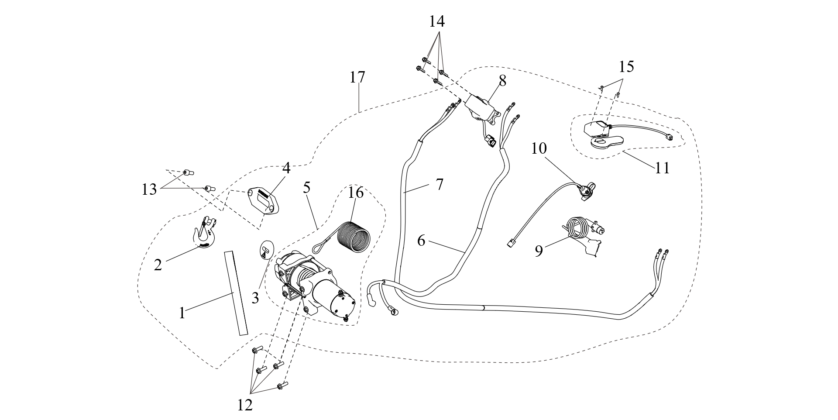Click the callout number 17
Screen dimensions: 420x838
coord(357,78)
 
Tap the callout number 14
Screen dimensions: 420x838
coord(437,21)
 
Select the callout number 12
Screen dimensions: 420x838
coord(245,405)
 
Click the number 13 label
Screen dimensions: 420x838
coord(149,189)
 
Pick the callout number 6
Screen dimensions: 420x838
coord(421,240)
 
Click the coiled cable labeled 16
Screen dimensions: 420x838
coord(355,239)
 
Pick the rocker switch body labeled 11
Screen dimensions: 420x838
coord(596,129)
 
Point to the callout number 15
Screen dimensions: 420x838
coord(626,67)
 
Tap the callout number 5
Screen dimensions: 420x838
coord(307,188)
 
